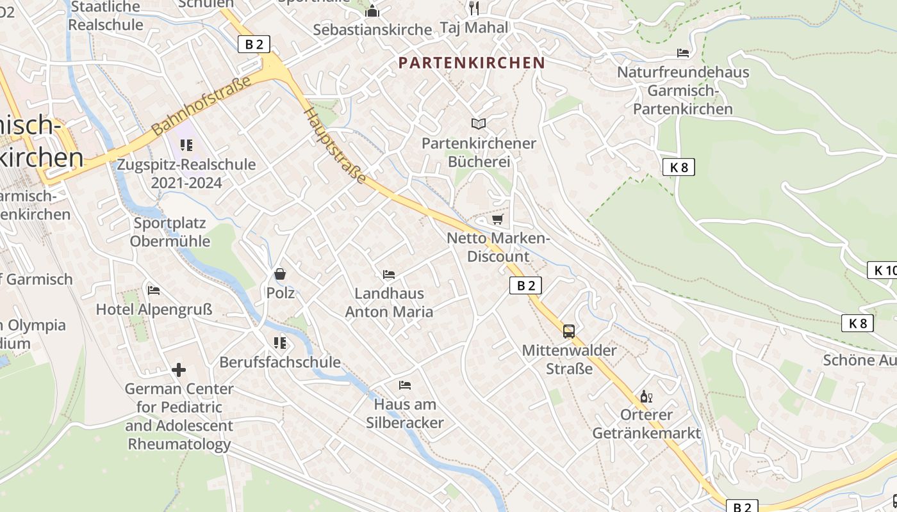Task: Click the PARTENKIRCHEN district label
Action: coord(471,63)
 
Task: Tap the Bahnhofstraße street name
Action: coord(201,106)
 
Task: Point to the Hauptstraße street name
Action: coord(335,145)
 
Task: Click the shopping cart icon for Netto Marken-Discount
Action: coord(497,220)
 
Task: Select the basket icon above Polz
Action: coord(280,275)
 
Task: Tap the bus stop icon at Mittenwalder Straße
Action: coord(568,331)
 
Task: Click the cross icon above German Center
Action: coord(179,370)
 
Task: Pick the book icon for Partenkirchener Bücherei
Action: coord(478,124)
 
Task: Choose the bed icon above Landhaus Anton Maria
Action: coord(389,275)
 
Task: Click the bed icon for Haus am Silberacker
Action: coord(405,385)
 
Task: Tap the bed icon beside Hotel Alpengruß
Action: coord(154,291)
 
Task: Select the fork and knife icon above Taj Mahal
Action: coord(474,8)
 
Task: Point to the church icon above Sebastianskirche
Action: coord(372,11)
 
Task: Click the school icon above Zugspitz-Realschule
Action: coord(186,145)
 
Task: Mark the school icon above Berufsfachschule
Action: coord(280,343)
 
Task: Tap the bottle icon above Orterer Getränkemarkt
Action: coord(646,397)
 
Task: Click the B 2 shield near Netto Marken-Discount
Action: coord(525,285)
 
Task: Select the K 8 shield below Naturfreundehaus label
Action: coord(678,167)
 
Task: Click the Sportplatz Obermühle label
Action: coord(170,232)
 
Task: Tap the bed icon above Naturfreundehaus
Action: coord(683,53)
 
